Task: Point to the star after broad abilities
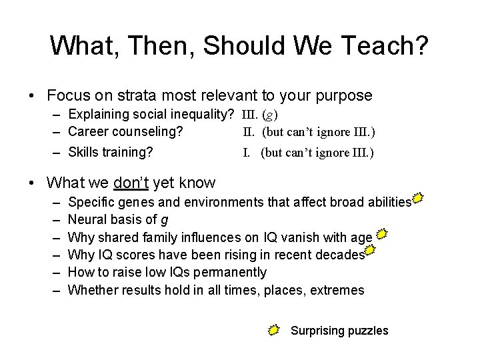click(x=418, y=198)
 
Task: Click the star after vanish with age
click(x=382, y=234)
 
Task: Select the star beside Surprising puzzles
click(x=275, y=329)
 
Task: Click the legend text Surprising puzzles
click(x=339, y=330)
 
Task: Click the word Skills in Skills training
click(x=83, y=152)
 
